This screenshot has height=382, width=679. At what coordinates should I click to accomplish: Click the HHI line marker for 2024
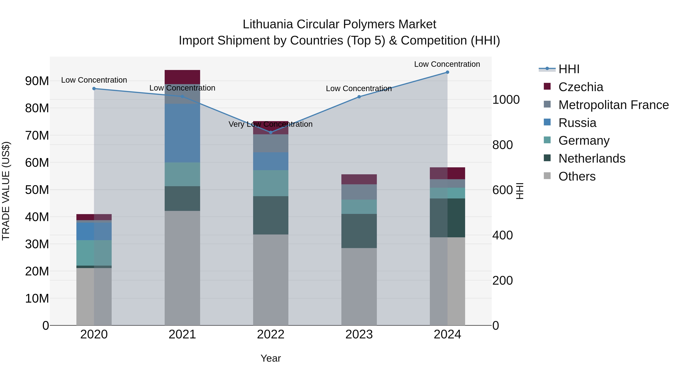pos(447,72)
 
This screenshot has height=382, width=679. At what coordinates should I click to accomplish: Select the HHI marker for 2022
pos(271,132)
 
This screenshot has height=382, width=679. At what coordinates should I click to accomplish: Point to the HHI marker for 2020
pos(94,89)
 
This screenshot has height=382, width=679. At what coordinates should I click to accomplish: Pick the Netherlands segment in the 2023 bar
pos(359,231)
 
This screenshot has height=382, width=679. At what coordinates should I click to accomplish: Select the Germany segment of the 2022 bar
pos(271,183)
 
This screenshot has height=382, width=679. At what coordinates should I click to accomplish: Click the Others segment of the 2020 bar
pos(94,297)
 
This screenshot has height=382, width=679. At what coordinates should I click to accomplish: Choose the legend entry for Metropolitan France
pos(613,105)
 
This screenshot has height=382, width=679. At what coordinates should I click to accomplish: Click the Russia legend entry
pos(577,123)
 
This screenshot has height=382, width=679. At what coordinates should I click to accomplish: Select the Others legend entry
pos(577,176)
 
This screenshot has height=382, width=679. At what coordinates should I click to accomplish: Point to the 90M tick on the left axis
pos(37,81)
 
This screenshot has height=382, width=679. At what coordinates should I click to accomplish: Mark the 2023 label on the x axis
pos(359,334)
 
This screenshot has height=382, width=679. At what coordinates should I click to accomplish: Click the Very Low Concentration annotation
pos(270,124)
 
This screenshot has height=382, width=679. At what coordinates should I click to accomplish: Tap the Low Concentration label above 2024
pos(447,64)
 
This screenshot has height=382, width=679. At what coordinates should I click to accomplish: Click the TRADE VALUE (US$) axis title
pos(6,191)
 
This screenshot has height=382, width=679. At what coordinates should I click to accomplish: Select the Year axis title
pos(271,358)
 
